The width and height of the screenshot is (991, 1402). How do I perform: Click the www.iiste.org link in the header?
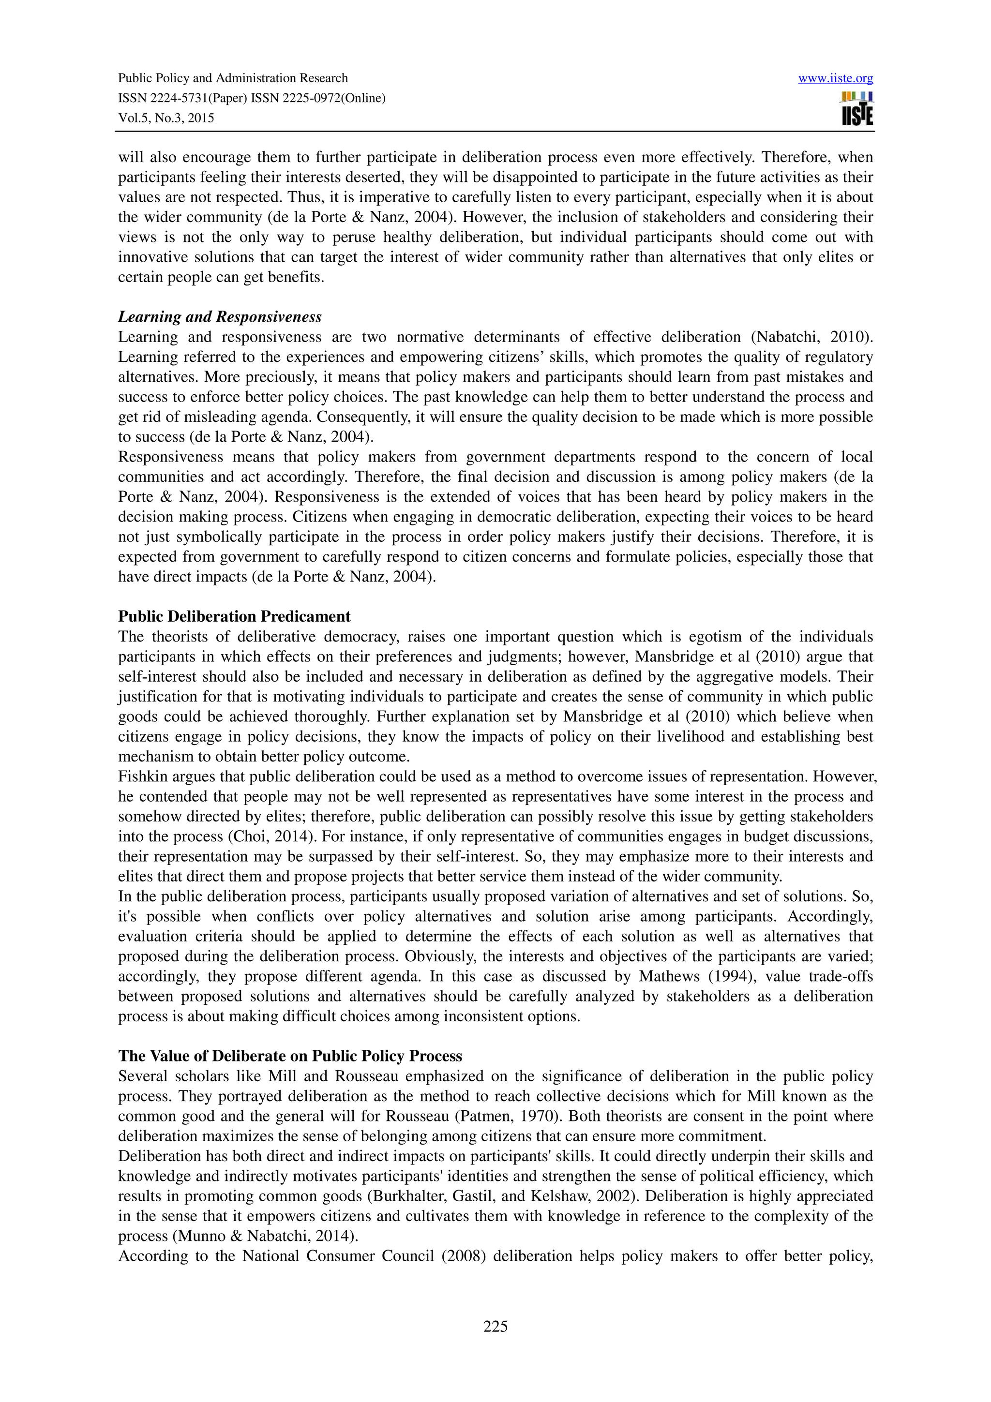835,78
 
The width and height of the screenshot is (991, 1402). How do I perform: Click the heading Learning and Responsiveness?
219,317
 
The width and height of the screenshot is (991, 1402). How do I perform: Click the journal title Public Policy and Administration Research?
233,78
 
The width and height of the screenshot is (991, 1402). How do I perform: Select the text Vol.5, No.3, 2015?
165,118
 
